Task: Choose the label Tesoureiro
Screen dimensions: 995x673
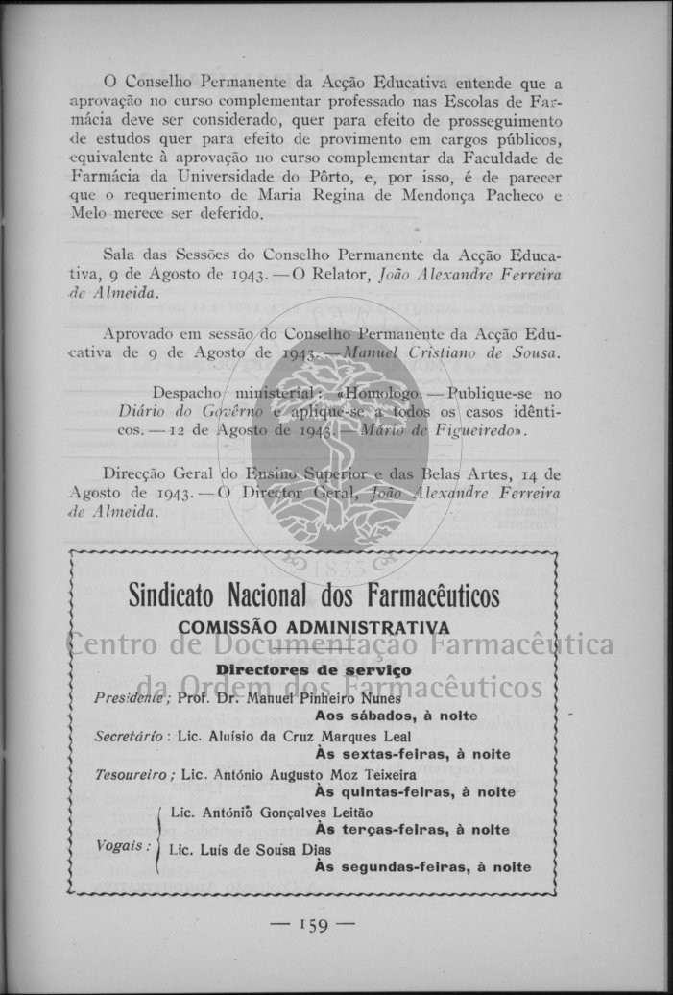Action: tap(134, 774)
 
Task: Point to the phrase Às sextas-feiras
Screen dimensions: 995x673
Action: tap(375, 754)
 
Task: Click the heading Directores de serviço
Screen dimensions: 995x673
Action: tap(313, 669)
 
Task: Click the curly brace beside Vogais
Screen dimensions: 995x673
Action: tap(157, 839)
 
